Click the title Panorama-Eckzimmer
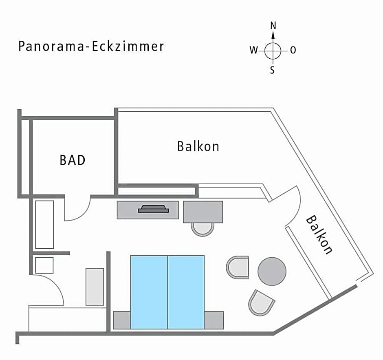[x=91, y=46]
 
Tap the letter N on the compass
[x=273, y=25]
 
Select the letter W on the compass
[x=253, y=51]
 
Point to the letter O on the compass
[x=293, y=51]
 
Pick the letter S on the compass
[x=273, y=71]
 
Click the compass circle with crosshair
[x=273, y=51]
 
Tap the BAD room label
[x=73, y=160]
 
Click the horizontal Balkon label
[x=198, y=146]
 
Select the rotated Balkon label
[x=319, y=235]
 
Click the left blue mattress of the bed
[x=149, y=292]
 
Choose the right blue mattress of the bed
[x=186, y=292]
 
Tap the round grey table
[x=272, y=272]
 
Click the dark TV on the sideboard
[x=153, y=209]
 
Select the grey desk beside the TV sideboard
[x=203, y=212]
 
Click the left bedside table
[x=121, y=320]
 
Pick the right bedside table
[x=214, y=320]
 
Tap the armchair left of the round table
[x=238, y=267]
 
